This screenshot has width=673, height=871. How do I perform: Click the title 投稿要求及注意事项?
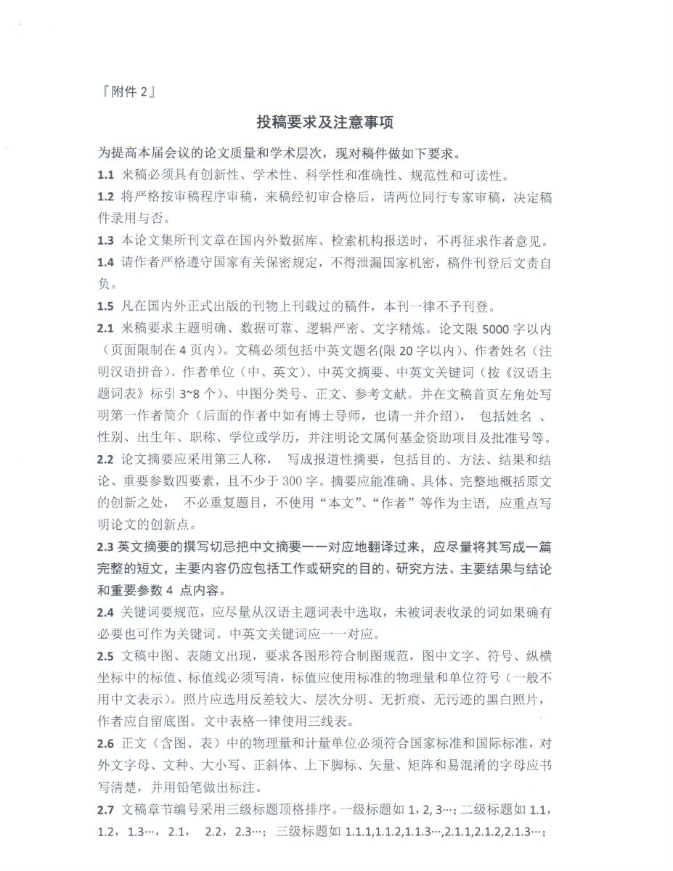[325, 123]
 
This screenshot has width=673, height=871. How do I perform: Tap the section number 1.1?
[106, 176]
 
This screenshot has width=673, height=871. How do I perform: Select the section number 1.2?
[106, 197]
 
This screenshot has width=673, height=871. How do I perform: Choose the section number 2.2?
[106, 459]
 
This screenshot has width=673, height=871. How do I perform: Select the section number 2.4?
[106, 612]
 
